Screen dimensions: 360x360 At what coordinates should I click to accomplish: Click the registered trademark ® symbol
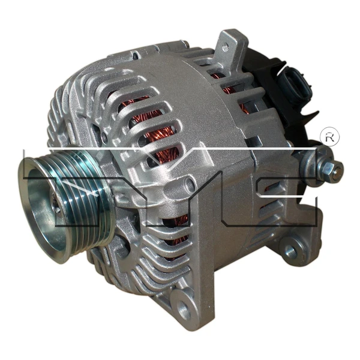tap(330, 136)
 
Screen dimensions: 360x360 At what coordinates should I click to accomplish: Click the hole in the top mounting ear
tap(226, 43)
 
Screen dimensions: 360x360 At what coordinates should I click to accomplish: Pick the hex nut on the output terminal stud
tap(329, 165)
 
